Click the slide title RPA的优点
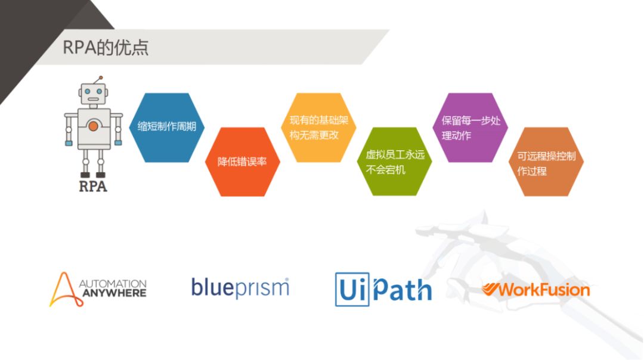click(x=106, y=48)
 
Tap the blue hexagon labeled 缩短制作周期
click(x=167, y=127)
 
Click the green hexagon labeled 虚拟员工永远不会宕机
click(x=394, y=162)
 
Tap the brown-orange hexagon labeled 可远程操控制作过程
click(x=545, y=162)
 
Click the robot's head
click(x=94, y=94)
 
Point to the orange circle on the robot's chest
click(x=94, y=126)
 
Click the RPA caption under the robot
click(x=94, y=187)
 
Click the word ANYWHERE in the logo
click(x=113, y=293)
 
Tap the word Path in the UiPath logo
click(x=402, y=290)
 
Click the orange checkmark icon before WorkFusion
click(x=490, y=290)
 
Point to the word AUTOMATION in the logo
click(x=113, y=284)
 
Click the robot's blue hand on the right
click(x=118, y=142)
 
